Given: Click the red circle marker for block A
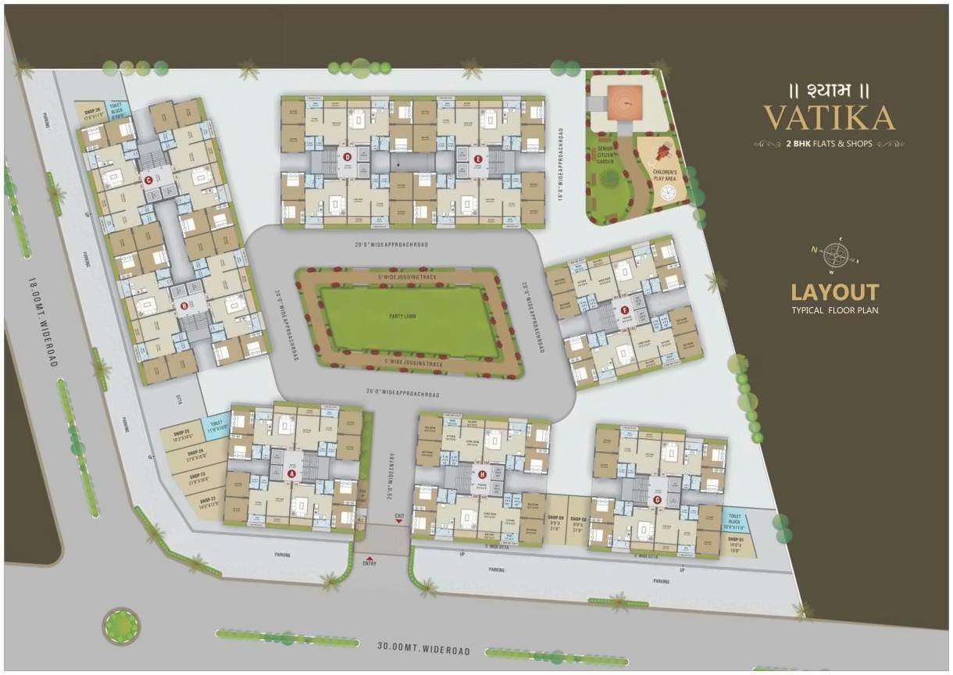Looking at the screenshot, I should coord(292,473).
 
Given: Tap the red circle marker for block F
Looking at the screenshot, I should coord(624,310).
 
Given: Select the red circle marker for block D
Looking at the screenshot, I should coord(348,157).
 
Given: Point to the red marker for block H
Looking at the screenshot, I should coord(482,474).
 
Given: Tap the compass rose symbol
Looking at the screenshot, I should coord(837,255).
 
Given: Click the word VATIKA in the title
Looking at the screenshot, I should coord(829,118).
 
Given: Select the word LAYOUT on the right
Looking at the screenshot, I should coord(834,293).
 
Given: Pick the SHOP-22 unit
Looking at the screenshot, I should coord(207,504).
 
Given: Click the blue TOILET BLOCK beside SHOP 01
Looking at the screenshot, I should coord(734,520).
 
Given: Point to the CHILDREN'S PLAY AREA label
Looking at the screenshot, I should coord(664,171).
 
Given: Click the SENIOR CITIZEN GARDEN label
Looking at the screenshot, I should coord(606,155).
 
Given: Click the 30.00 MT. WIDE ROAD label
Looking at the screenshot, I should coord(424,650).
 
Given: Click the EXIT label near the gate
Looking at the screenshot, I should coord(400,516).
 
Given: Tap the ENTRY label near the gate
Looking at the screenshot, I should coord(369,562).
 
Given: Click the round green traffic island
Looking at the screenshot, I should coord(122,626).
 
